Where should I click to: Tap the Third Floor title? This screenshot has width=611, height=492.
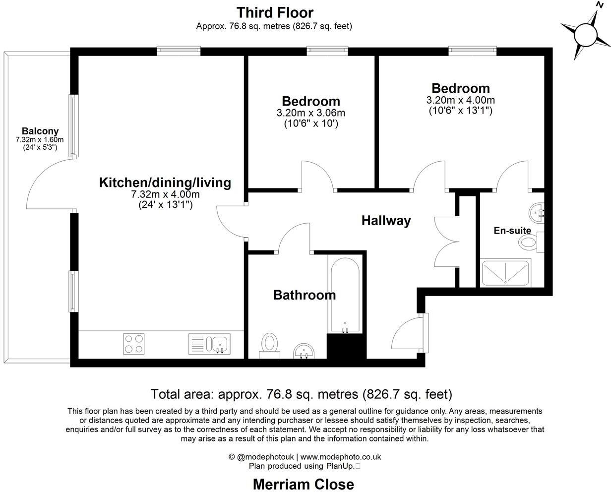pyautogui.click(x=275, y=12)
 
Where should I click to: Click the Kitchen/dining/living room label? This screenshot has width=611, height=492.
pyautogui.click(x=165, y=183)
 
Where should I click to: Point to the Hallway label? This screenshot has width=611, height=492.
pyautogui.click(x=386, y=220)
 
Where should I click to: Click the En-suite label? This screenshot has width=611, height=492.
pyautogui.click(x=512, y=231)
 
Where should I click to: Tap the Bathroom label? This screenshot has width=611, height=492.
pyautogui.click(x=305, y=295)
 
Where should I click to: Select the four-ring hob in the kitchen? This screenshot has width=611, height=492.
pyautogui.click(x=134, y=344)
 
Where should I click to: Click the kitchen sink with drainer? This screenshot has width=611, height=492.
pyautogui.click(x=209, y=344)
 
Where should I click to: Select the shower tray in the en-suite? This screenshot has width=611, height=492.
pyautogui.click(x=506, y=272)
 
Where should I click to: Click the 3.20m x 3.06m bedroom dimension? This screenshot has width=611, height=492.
pyautogui.click(x=311, y=113)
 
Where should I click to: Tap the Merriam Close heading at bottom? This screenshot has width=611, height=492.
pyautogui.click(x=304, y=484)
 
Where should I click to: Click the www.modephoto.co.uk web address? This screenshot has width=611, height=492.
pyautogui.click(x=340, y=457)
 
